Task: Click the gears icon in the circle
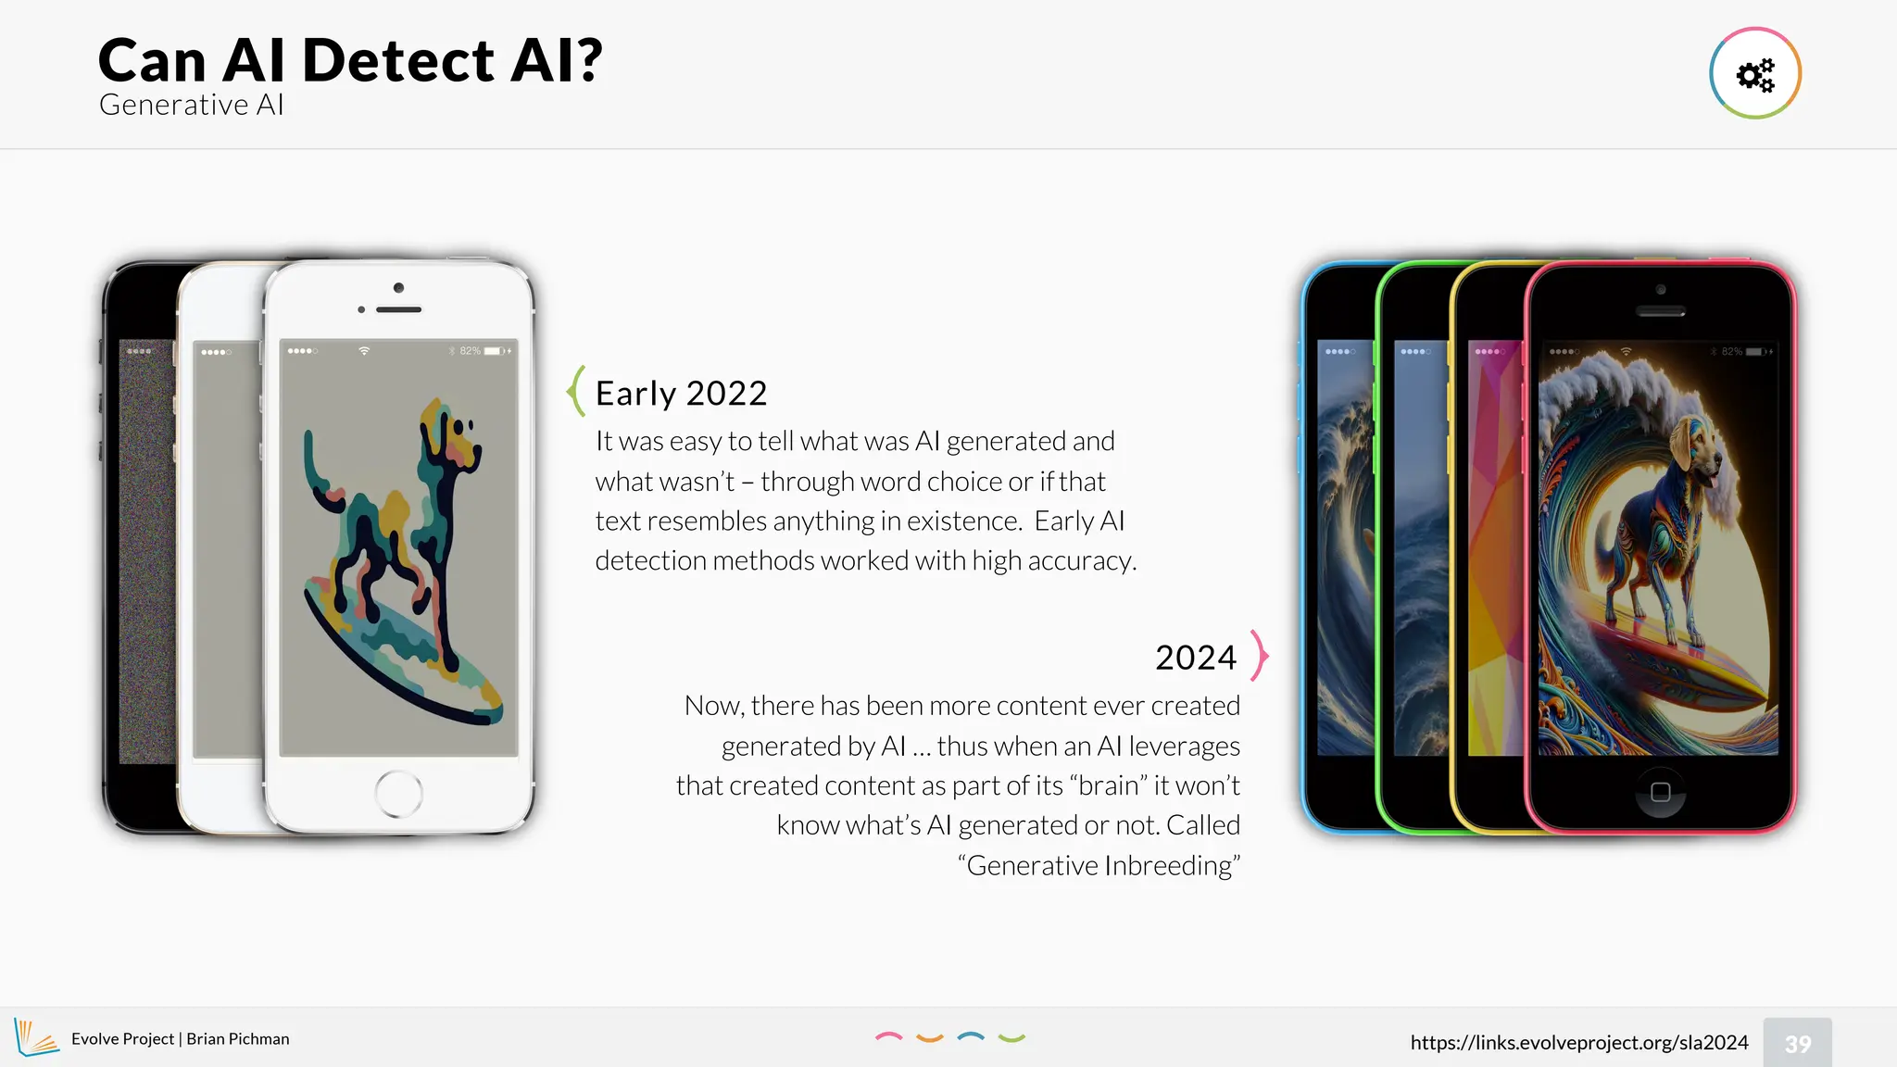tap(1754, 74)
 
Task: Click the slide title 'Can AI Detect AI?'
tap(350, 60)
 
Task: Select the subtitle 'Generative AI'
tap(191, 105)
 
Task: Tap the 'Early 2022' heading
tap(681, 394)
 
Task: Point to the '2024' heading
tap(1195, 658)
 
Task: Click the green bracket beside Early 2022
tap(575, 391)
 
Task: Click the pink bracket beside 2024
tap(1259, 656)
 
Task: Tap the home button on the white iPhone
tap(398, 794)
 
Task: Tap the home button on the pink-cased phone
tap(1660, 792)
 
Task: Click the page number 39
tap(1797, 1044)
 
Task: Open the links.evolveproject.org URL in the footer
tap(1578, 1043)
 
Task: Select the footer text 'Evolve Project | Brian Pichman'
tap(180, 1039)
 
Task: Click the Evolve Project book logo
tap(35, 1037)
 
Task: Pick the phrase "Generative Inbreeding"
tap(1099, 866)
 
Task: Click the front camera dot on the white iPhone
tap(398, 288)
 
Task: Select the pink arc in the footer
tap(888, 1037)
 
